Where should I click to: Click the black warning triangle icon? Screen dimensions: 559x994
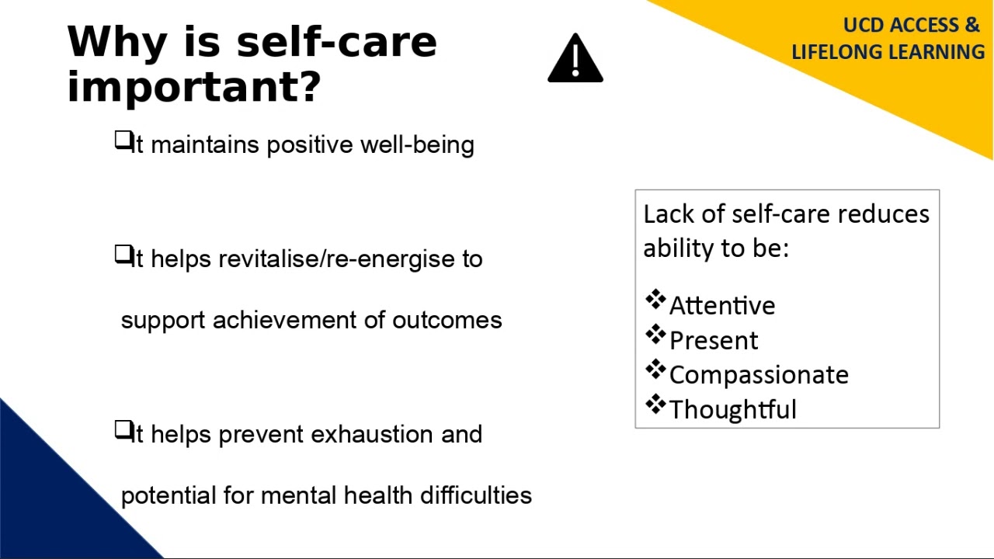click(x=575, y=59)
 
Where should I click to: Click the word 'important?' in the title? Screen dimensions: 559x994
click(x=194, y=86)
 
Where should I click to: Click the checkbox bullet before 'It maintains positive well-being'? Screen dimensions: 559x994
click(x=123, y=141)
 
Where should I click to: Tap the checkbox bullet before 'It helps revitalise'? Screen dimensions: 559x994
click(x=123, y=255)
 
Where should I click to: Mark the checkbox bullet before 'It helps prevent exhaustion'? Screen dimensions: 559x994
click(x=123, y=430)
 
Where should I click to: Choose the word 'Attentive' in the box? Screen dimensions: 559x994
click(x=722, y=306)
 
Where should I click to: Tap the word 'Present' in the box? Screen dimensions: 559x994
click(x=714, y=341)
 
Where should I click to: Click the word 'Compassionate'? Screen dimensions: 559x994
click(x=759, y=375)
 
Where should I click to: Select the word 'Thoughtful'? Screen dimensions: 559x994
click(x=733, y=410)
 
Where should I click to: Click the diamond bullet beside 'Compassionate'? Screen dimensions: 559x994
click(x=655, y=370)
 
